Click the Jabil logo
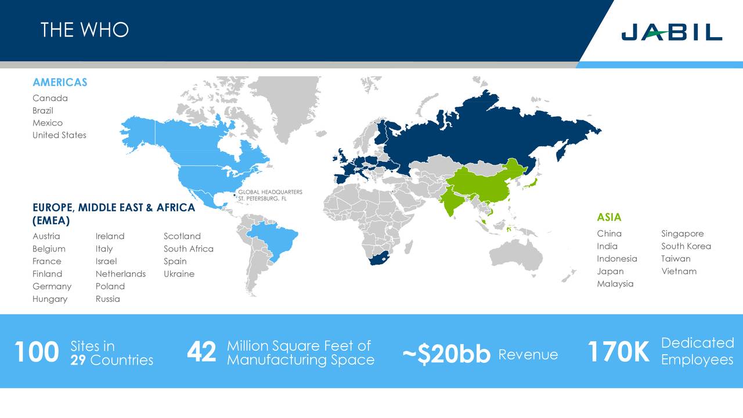click(x=672, y=32)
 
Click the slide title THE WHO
click(x=85, y=30)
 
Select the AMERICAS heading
click(x=60, y=82)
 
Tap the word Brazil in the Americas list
click(x=43, y=110)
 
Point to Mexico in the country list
click(x=48, y=122)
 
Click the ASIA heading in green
click(x=609, y=217)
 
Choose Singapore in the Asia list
click(x=682, y=233)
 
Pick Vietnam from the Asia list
click(x=679, y=271)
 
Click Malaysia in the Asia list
click(x=615, y=284)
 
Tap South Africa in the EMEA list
click(x=188, y=248)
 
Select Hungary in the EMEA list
click(x=50, y=299)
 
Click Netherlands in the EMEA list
click(x=121, y=274)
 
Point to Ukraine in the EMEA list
click(x=179, y=274)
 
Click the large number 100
click(x=36, y=352)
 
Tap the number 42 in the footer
click(x=201, y=352)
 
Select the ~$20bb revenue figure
click(x=446, y=355)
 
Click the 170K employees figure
click(x=618, y=352)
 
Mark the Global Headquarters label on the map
click(x=270, y=195)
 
